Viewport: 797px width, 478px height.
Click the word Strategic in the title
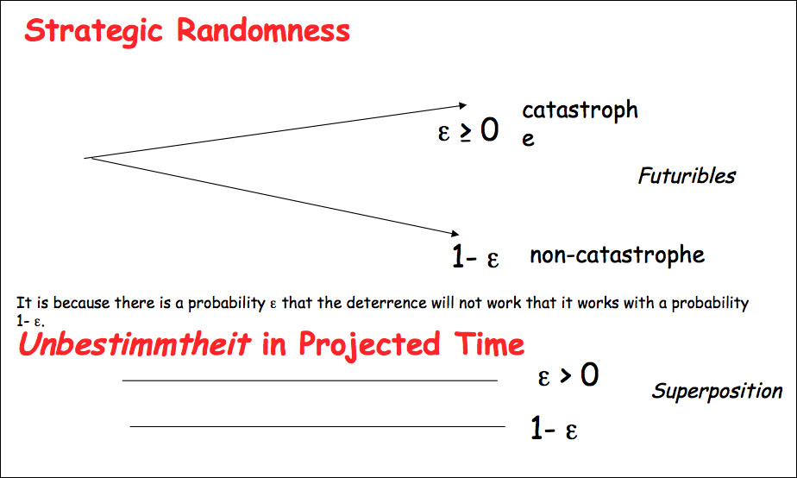point(93,31)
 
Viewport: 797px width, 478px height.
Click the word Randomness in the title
point(263,29)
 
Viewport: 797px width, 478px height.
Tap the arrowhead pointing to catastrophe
point(462,105)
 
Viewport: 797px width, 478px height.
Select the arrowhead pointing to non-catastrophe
point(455,233)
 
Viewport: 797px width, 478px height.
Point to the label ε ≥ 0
point(468,129)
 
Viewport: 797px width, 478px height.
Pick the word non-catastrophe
point(617,255)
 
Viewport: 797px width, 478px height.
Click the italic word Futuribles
point(687,176)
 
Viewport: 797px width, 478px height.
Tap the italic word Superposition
point(717,391)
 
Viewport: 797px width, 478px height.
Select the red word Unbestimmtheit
point(135,343)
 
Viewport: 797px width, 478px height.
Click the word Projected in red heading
point(369,344)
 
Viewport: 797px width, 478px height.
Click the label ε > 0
point(568,375)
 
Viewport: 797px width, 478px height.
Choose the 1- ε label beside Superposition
point(554,428)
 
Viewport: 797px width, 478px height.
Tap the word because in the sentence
point(81,303)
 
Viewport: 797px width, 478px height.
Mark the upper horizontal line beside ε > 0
point(310,381)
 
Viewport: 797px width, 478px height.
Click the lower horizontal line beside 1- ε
point(317,426)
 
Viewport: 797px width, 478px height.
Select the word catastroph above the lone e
point(580,110)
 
